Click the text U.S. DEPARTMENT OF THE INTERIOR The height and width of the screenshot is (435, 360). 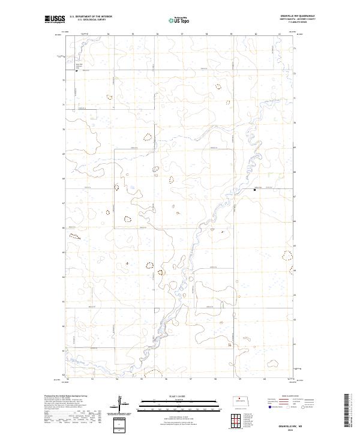pos(90,17)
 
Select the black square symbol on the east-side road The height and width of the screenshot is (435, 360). pos(254,190)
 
